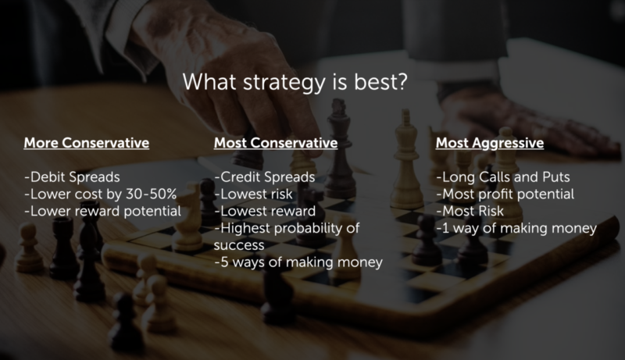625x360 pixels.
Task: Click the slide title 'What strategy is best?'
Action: pyautogui.click(x=295, y=82)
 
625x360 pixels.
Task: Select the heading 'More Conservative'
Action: pyautogui.click(x=87, y=143)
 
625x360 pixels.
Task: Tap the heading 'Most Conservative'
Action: pyautogui.click(x=276, y=143)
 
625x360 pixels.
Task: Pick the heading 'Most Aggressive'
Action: pyautogui.click(x=490, y=144)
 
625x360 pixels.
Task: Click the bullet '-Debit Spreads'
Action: pyautogui.click(x=72, y=177)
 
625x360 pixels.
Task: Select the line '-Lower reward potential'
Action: pyautogui.click(x=103, y=211)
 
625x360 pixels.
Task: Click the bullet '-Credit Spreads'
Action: pyautogui.click(x=265, y=177)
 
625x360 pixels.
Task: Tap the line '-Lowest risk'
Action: pyautogui.click(x=253, y=194)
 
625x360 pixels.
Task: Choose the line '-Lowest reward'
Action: pyautogui.click(x=265, y=211)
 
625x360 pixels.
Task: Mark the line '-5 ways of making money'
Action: pyautogui.click(x=298, y=262)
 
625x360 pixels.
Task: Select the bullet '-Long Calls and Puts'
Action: pyautogui.click(x=503, y=177)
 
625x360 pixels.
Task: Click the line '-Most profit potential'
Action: pyautogui.click(x=505, y=194)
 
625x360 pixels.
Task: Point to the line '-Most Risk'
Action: pyautogui.click(x=470, y=211)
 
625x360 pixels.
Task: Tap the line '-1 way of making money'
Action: pyautogui.click(x=516, y=229)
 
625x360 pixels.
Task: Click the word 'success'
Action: pyautogui.click(x=239, y=246)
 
